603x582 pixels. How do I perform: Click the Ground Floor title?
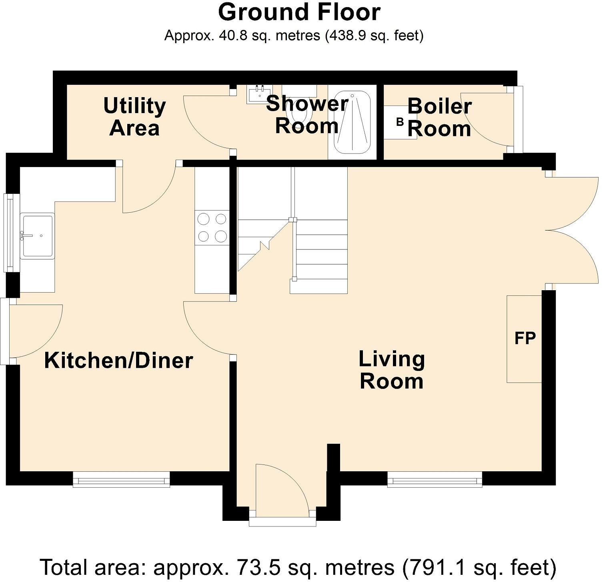[299, 12]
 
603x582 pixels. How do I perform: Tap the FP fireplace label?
[525, 339]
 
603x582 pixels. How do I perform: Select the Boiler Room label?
[439, 118]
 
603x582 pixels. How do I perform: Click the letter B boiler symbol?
[400, 122]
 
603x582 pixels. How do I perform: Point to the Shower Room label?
[307, 115]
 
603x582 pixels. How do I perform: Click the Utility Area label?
[134, 117]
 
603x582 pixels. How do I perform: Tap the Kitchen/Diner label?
[118, 360]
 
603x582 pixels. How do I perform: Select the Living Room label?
[391, 370]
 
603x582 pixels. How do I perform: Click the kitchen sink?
[38, 236]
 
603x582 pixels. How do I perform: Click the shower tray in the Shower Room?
[352, 122]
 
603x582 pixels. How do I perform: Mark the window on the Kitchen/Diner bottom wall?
[121, 479]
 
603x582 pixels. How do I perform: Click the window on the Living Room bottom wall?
[435, 479]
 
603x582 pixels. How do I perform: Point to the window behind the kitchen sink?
[11, 233]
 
